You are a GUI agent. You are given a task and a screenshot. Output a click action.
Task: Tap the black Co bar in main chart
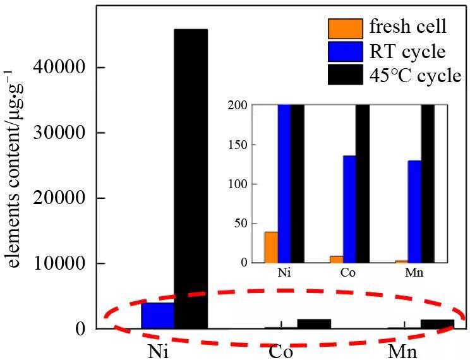point(314,323)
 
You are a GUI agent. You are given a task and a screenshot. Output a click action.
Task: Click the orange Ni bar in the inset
point(271,247)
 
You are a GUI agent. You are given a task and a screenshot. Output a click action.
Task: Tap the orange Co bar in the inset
point(337,259)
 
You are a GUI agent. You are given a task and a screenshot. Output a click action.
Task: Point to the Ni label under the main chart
point(159,351)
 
